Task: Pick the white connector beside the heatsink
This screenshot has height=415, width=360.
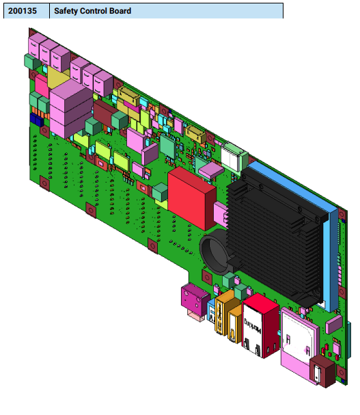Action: [x=233, y=157]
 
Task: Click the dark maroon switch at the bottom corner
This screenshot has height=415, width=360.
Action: [x=320, y=372]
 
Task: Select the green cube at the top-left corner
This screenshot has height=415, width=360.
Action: [x=29, y=62]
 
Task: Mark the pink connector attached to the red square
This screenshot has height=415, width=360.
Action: [x=220, y=214]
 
